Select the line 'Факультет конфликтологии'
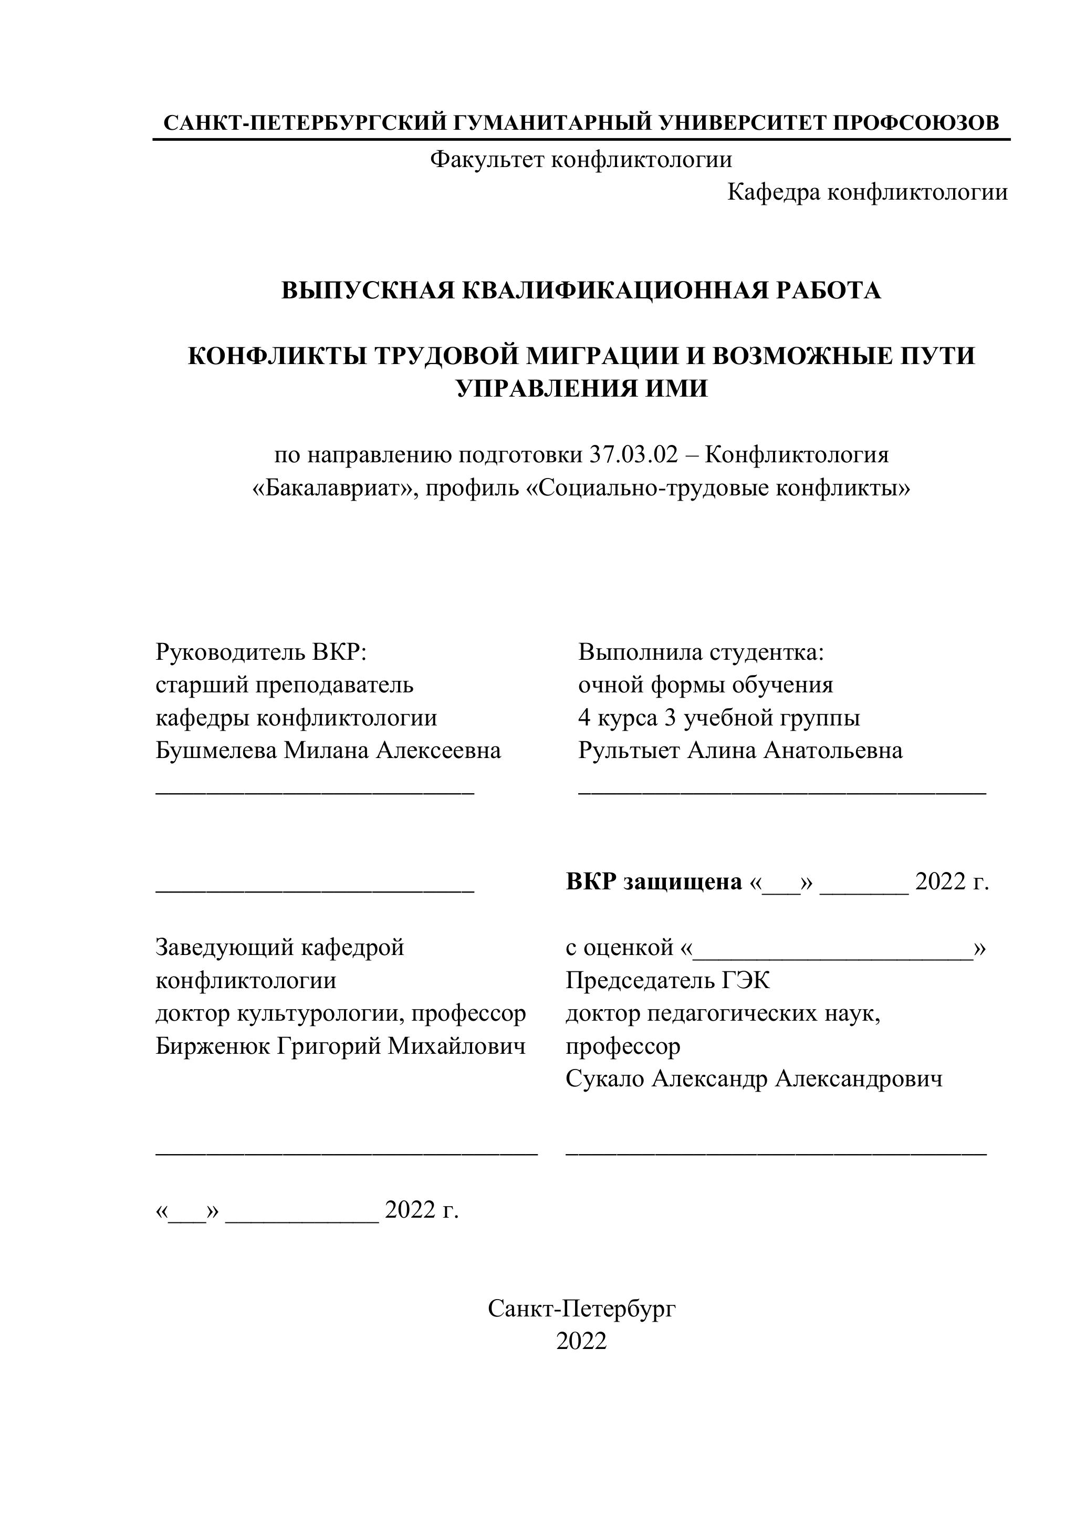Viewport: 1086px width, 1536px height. point(581,159)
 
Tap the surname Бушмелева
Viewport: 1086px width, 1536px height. point(216,751)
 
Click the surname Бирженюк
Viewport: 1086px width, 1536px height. point(213,1046)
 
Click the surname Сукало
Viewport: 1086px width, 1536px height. point(605,1078)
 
